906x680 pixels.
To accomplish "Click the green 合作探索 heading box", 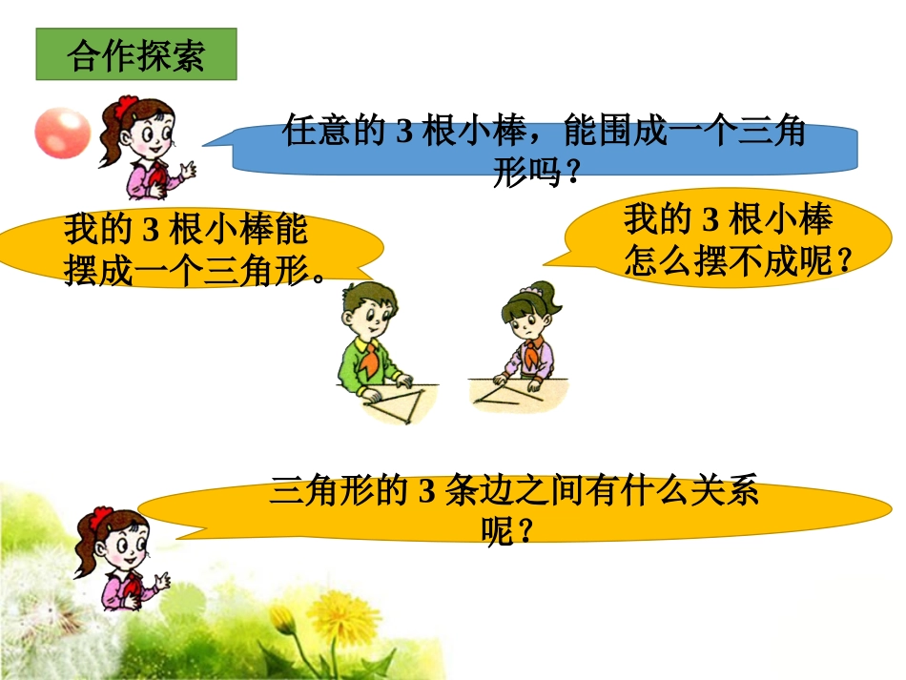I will [135, 55].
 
